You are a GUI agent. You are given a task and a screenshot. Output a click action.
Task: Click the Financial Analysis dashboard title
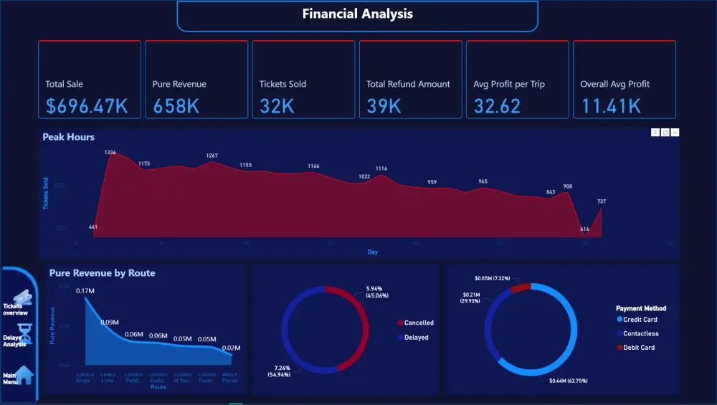[357, 14]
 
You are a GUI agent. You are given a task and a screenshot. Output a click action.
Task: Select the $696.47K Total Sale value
[87, 106]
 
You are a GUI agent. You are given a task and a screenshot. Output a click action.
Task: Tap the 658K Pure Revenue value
[176, 106]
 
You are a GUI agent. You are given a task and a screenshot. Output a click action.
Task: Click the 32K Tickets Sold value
[277, 106]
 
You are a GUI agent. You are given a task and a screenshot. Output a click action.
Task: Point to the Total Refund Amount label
[408, 84]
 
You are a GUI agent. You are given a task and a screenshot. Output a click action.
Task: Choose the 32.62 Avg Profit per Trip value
[497, 106]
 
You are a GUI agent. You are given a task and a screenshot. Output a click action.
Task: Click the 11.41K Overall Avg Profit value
[611, 106]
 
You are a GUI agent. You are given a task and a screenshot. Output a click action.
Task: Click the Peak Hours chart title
[68, 137]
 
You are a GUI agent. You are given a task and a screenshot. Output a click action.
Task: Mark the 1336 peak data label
[110, 153]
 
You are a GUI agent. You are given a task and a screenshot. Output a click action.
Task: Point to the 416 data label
[584, 229]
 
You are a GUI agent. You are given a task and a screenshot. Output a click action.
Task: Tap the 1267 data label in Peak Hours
[212, 156]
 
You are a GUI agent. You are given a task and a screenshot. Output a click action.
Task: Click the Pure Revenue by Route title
[102, 273]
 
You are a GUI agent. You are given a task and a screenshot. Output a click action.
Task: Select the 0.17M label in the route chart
[85, 290]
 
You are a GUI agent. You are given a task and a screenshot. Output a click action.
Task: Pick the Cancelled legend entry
[418, 323]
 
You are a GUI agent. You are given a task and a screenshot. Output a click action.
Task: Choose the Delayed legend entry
[416, 337]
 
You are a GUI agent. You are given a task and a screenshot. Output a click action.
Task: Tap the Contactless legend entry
[640, 333]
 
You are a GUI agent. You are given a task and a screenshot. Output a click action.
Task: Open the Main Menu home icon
[24, 375]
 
